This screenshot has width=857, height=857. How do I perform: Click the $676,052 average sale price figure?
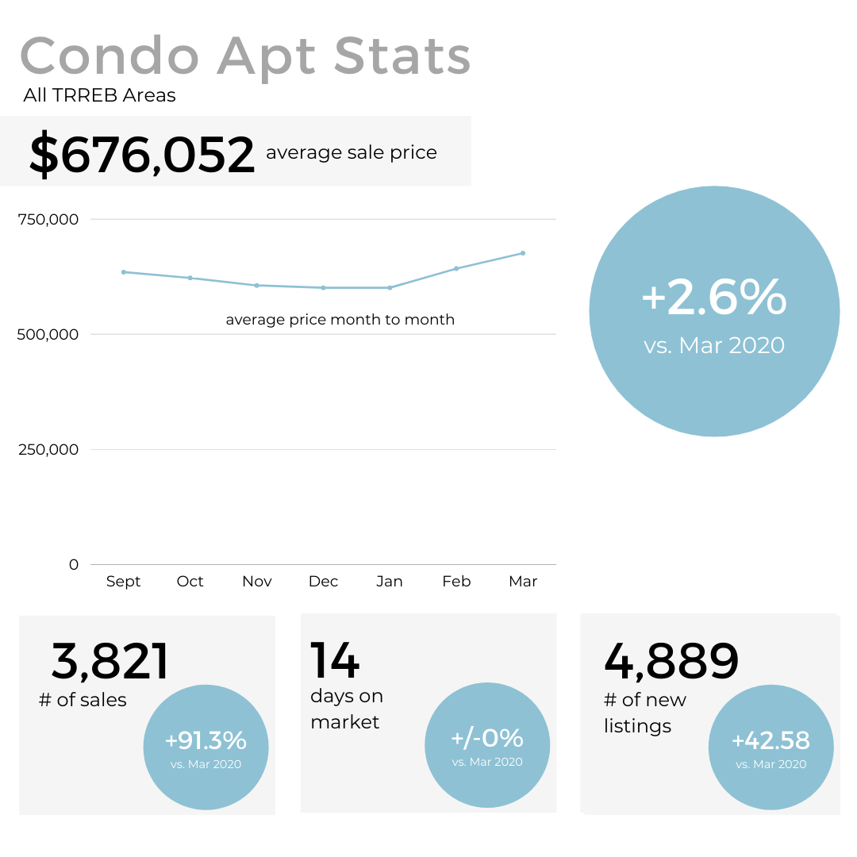[x=142, y=154]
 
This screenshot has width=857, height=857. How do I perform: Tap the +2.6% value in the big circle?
[x=714, y=298]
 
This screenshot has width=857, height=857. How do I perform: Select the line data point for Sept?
[x=124, y=272]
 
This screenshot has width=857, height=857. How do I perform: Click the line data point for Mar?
[x=523, y=253]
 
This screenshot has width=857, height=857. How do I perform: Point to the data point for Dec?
[x=323, y=288]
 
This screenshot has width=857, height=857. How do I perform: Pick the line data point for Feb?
[x=456, y=268]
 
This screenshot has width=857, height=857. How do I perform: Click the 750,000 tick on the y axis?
[x=48, y=219]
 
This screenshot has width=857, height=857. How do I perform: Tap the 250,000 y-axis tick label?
[x=48, y=449]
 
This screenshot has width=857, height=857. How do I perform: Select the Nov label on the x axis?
[x=257, y=582]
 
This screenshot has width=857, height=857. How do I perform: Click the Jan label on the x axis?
[x=390, y=582]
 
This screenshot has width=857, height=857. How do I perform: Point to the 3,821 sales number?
[x=110, y=662]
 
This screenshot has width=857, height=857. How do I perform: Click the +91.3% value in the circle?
[x=206, y=741]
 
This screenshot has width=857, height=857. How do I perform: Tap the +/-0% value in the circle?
[x=487, y=739]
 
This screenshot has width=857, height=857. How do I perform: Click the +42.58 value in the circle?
[x=771, y=741]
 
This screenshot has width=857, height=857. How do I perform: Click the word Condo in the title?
[x=110, y=57]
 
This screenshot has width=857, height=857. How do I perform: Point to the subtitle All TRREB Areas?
[x=100, y=96]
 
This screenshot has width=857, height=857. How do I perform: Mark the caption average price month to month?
[x=340, y=320]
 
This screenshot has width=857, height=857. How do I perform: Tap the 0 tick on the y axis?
[x=74, y=564]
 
